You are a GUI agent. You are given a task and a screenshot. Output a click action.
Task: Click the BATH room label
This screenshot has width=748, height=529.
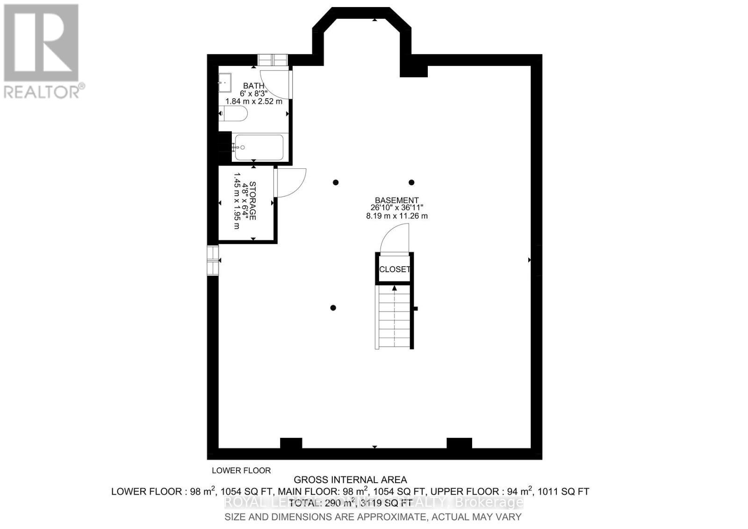tap(253, 86)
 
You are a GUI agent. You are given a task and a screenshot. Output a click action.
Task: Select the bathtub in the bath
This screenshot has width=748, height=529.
tap(259, 147)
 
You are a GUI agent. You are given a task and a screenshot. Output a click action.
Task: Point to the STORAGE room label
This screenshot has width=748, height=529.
tap(253, 201)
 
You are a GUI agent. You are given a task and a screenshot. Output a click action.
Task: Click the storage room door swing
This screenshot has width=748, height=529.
tap(291, 182)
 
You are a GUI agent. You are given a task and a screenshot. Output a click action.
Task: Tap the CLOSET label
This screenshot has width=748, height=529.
tap(395, 269)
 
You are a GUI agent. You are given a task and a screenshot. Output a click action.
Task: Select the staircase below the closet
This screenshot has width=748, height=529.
tap(394, 318)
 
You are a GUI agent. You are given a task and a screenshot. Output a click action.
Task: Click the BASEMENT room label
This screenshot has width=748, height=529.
tap(396, 200)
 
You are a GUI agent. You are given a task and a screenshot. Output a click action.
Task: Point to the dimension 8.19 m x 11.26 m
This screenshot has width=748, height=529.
tap(396, 216)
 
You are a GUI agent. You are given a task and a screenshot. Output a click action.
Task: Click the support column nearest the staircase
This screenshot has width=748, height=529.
tap(333, 308)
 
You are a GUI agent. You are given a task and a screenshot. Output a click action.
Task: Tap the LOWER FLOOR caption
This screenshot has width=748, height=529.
tap(241, 471)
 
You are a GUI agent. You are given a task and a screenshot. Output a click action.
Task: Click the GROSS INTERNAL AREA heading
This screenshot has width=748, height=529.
tap(350, 480)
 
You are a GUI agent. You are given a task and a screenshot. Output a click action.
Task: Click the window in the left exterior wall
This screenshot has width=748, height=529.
tap(213, 260)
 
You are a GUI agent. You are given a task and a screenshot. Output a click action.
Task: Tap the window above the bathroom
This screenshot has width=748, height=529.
tap(273, 60)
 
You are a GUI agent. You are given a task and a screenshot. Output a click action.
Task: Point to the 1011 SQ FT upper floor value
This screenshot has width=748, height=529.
tap(563, 492)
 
